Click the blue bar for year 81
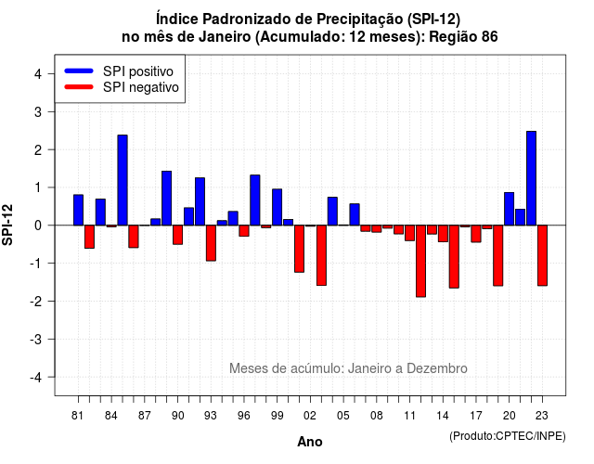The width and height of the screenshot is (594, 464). pos(78,210)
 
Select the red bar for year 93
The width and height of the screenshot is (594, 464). pos(211,243)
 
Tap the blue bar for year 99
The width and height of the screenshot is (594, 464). pos(278,207)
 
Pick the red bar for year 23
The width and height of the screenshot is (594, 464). pos(542,255)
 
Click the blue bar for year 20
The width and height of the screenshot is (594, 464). pos(510,209)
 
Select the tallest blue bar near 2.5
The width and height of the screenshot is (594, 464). pos(532,178)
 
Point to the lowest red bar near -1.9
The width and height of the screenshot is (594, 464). pos(420,261)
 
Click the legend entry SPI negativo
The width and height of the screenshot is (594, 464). pos(122,87)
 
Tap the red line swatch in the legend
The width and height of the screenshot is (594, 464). pos(79,87)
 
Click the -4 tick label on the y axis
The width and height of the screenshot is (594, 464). pos(36,378)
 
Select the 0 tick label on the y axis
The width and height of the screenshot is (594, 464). pos(38,226)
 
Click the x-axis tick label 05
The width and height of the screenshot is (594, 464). pos(343,416)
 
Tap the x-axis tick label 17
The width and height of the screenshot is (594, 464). pos(476,416)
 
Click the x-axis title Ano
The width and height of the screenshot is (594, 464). pos(310,442)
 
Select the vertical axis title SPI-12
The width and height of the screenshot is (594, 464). pos(7,225)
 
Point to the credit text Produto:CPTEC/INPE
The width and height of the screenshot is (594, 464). pos(508,436)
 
